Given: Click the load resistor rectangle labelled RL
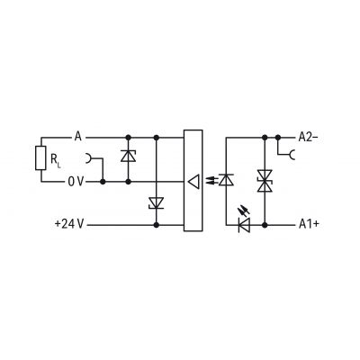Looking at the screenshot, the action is [x=40, y=158].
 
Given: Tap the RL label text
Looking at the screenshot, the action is [x=55, y=159].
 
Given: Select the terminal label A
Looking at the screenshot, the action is [x=78, y=138].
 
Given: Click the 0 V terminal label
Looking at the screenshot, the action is [x=76, y=182].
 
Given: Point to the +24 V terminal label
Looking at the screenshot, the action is [x=69, y=224].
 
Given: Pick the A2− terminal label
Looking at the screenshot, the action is [x=308, y=137].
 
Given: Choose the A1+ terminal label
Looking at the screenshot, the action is [x=309, y=224].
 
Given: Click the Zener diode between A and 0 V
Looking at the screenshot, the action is [x=128, y=157].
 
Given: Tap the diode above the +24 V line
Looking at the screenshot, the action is [x=156, y=202].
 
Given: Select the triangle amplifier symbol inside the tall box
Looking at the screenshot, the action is [x=193, y=182].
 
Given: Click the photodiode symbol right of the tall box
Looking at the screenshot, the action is [x=226, y=180].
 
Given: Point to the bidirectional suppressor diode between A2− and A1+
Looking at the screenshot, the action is [x=265, y=181].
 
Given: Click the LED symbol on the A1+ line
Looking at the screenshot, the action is [x=244, y=224].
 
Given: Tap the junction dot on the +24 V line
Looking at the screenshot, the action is [x=156, y=224].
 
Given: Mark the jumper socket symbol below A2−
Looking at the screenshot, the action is [x=292, y=155].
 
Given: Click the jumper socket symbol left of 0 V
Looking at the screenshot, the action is [x=89, y=158].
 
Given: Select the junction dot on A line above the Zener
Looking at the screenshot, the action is [x=128, y=138].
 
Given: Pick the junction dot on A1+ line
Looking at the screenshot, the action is [x=265, y=224].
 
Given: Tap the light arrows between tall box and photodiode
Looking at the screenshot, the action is [x=211, y=180].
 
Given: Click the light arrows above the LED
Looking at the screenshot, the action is [x=244, y=210].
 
